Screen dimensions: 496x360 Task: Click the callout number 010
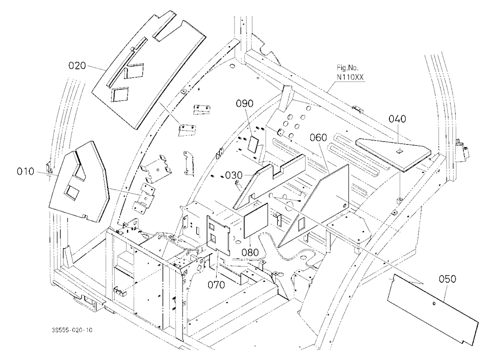coord(25,172)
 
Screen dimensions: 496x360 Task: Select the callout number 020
coord(77,65)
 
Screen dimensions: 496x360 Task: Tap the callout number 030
coord(234,175)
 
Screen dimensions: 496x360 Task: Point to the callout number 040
coord(397,119)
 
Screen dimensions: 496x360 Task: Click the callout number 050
coord(447,279)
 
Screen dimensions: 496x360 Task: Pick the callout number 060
coord(318,138)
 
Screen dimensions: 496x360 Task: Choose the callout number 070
coord(216,285)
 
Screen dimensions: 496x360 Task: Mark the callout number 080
coord(250,252)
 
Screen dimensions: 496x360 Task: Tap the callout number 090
coord(245,104)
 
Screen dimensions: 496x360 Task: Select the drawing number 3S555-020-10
coord(72,330)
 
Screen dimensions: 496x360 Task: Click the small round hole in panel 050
coord(434,304)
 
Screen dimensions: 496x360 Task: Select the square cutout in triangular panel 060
coord(302,224)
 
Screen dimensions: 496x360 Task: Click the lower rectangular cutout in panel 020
coord(120,94)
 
